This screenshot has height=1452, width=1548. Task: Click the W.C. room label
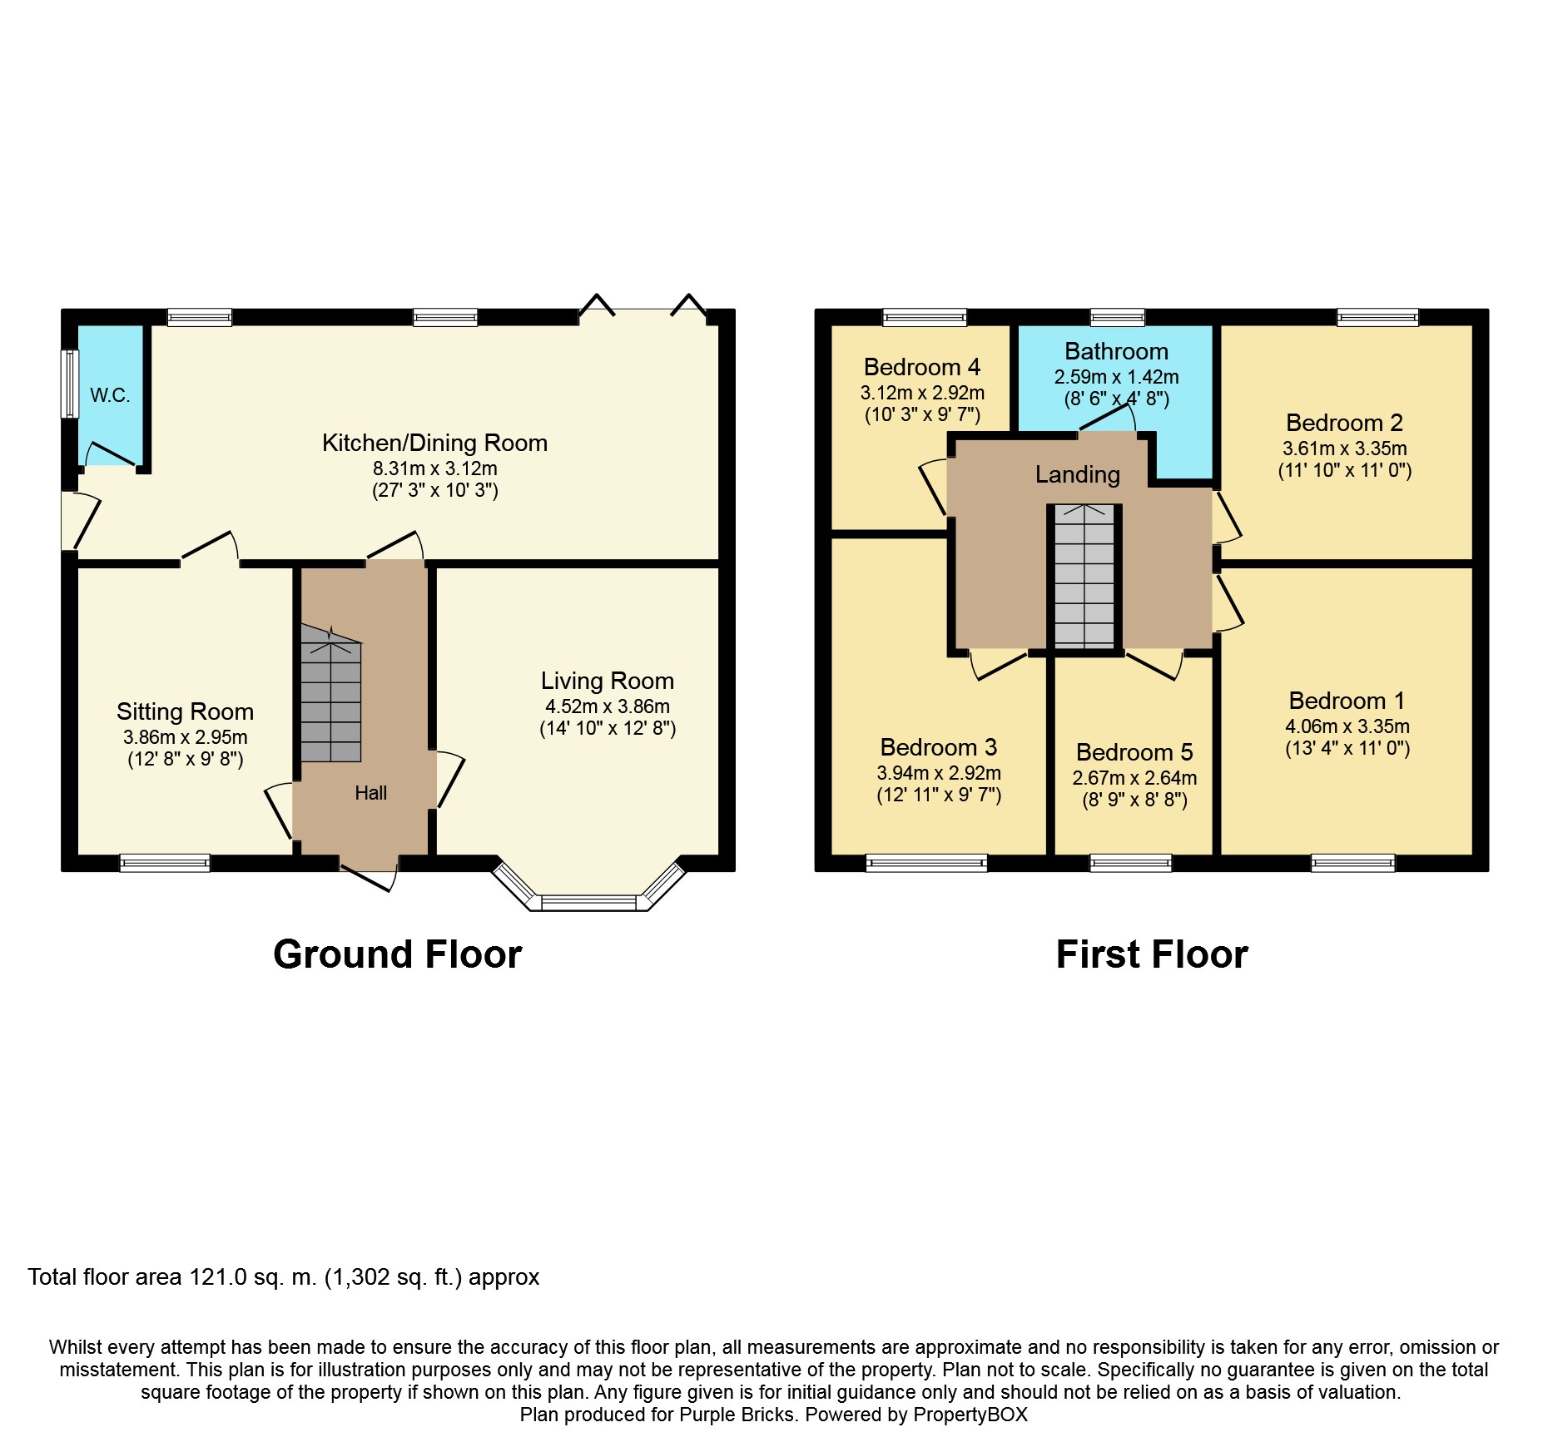(x=110, y=395)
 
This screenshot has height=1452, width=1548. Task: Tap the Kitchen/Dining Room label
(x=434, y=443)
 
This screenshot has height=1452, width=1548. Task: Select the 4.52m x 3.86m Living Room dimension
(x=607, y=706)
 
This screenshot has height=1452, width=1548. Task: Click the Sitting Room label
(x=185, y=711)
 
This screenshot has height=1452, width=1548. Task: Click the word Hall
(x=370, y=793)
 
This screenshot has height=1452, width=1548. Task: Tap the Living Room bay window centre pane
(x=588, y=902)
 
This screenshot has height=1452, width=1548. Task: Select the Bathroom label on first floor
(x=1116, y=351)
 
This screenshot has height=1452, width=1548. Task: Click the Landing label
(x=1077, y=474)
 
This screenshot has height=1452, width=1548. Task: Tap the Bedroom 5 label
(x=1134, y=752)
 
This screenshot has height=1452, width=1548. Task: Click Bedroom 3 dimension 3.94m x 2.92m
(x=939, y=773)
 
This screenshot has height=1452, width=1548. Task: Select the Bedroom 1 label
(x=1347, y=701)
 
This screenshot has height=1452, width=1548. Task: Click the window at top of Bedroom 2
(x=1377, y=317)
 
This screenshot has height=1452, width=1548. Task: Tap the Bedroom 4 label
(x=921, y=367)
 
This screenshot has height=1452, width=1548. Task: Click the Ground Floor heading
(x=397, y=954)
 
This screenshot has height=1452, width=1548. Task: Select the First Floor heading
(x=1151, y=954)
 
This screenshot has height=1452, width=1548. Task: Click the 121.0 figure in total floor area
(x=218, y=1277)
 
